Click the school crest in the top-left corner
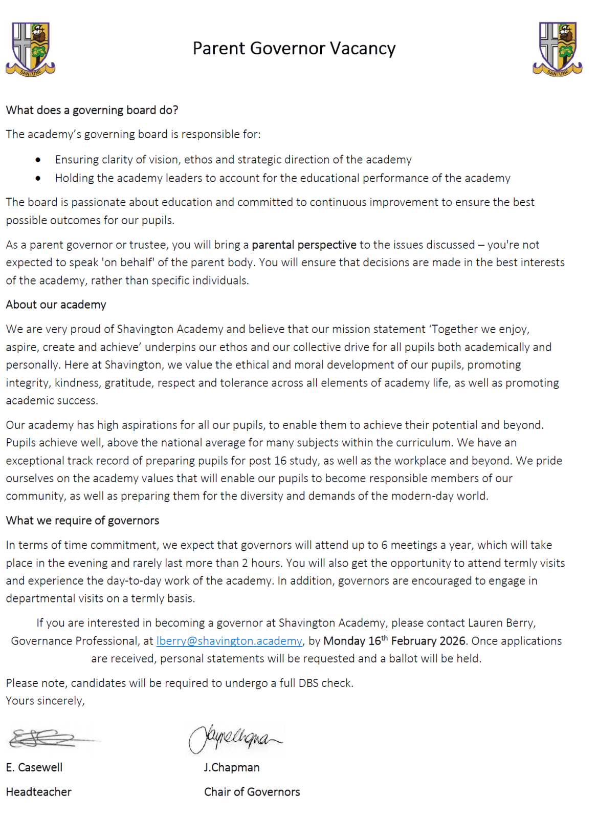(x=30, y=49)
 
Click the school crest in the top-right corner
(x=557, y=49)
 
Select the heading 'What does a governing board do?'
(x=92, y=110)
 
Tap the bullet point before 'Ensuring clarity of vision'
(x=38, y=160)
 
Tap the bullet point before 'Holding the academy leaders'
(x=38, y=179)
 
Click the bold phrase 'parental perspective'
(x=304, y=245)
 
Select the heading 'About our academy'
(x=56, y=305)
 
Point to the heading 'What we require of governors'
(x=82, y=521)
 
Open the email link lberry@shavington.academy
(x=229, y=641)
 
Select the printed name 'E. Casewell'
(x=34, y=767)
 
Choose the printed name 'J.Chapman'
(x=232, y=767)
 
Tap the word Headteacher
(x=39, y=792)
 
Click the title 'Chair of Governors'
(x=252, y=792)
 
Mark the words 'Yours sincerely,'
(x=46, y=701)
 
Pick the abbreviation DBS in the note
(x=308, y=683)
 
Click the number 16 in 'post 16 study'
(x=280, y=461)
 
